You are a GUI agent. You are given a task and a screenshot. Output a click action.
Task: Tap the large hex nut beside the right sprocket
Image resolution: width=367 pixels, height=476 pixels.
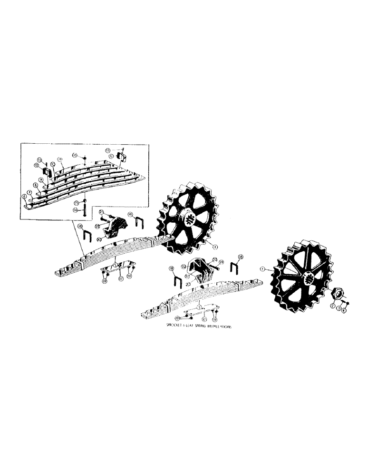click(338, 296)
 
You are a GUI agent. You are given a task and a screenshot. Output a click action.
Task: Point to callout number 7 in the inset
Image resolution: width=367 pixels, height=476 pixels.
click(30, 191)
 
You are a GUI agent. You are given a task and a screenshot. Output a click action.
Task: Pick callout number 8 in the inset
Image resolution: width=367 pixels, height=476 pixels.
click(36, 186)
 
